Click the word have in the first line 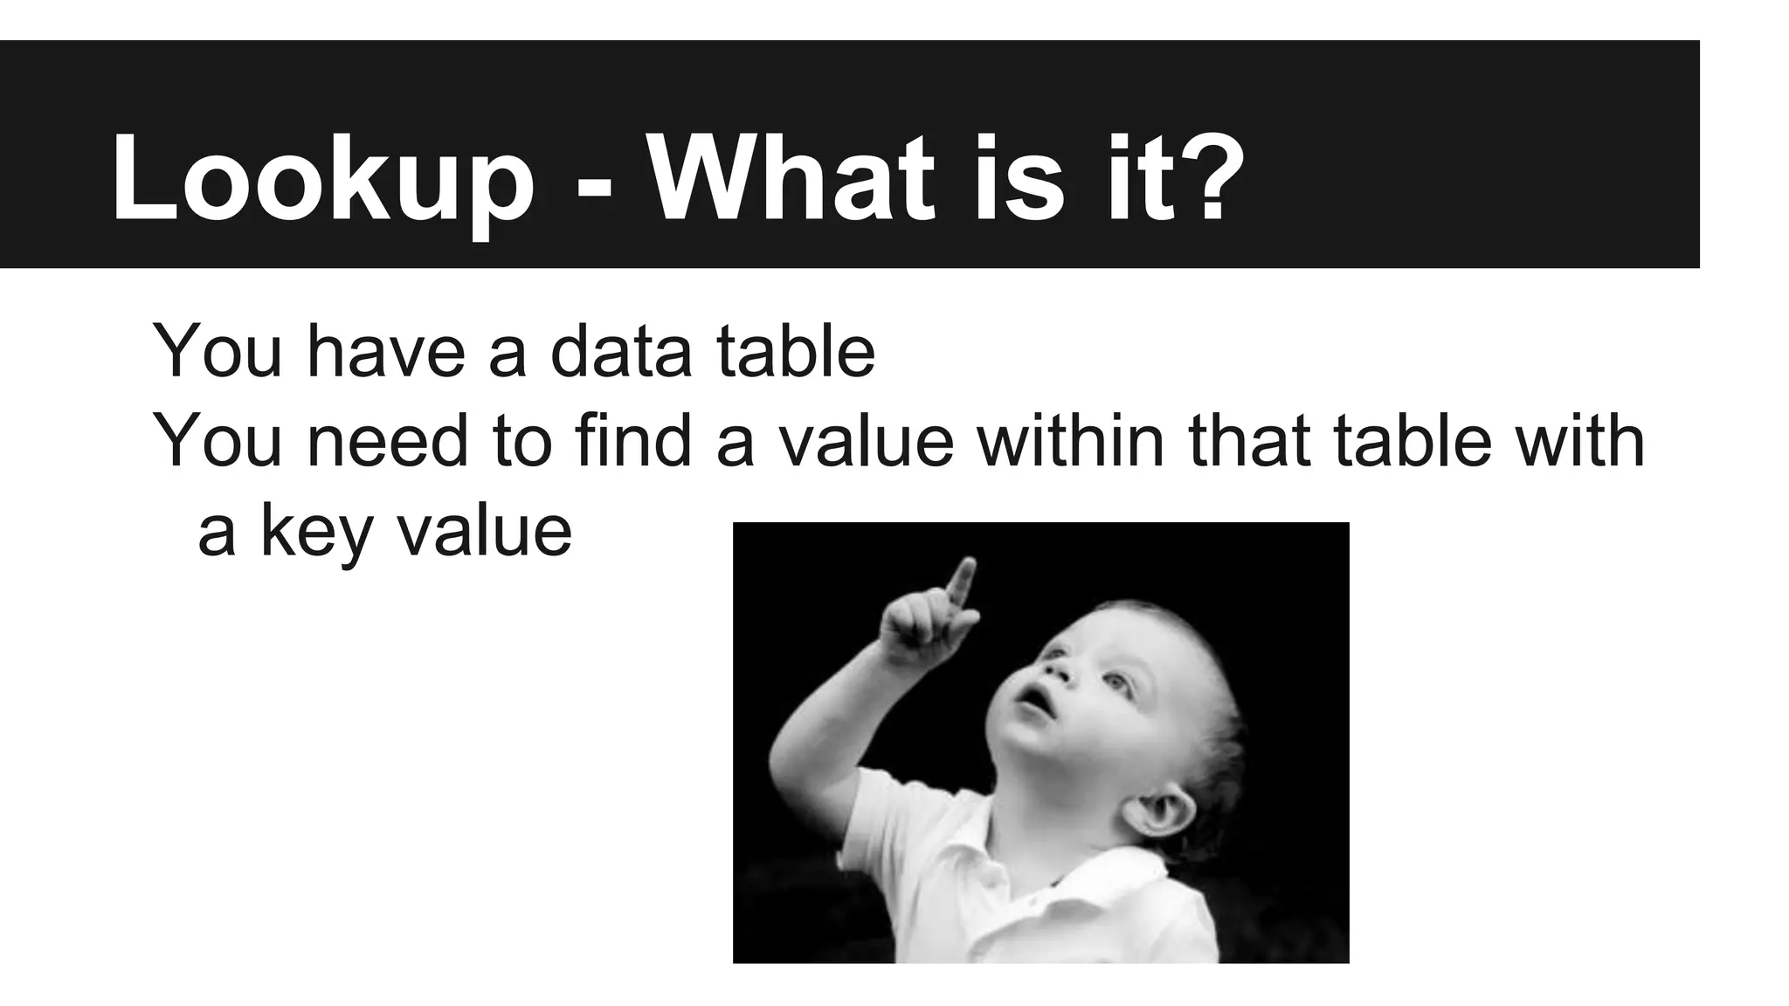pos(383,351)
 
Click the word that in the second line pos(1250,441)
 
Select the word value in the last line pos(485,533)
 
